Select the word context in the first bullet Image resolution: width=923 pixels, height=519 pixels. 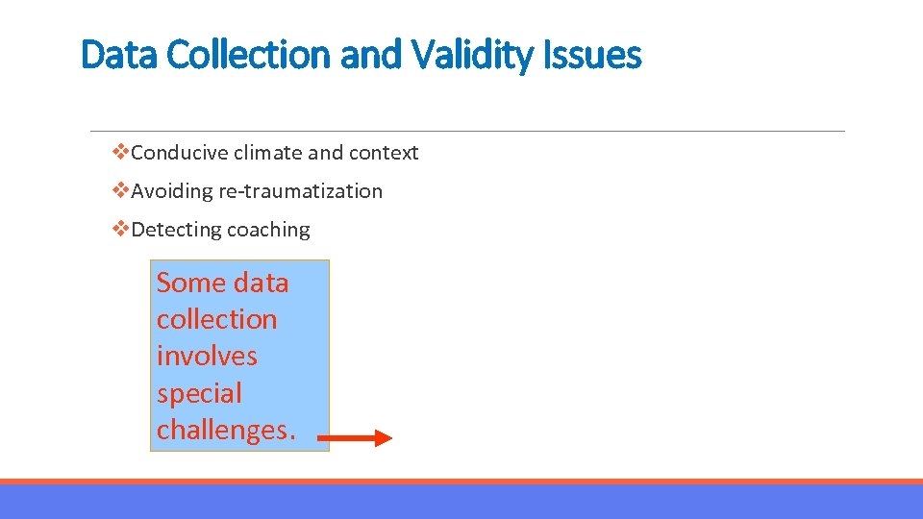(x=384, y=153)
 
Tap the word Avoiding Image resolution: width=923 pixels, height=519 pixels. (x=172, y=191)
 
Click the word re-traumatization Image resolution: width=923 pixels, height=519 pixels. (x=301, y=191)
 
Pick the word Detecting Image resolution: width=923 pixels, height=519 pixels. (x=175, y=230)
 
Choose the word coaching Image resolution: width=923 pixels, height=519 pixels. (x=268, y=230)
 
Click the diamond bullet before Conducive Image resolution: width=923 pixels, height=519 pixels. (x=121, y=152)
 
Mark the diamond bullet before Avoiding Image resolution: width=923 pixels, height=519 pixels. (x=121, y=190)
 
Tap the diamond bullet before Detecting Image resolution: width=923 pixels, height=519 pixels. (x=121, y=229)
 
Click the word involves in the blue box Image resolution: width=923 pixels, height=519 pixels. (x=207, y=356)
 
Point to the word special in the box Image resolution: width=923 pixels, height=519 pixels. (x=199, y=393)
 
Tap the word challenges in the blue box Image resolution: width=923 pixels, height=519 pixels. (x=221, y=430)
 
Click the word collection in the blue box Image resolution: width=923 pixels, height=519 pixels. (x=216, y=319)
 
